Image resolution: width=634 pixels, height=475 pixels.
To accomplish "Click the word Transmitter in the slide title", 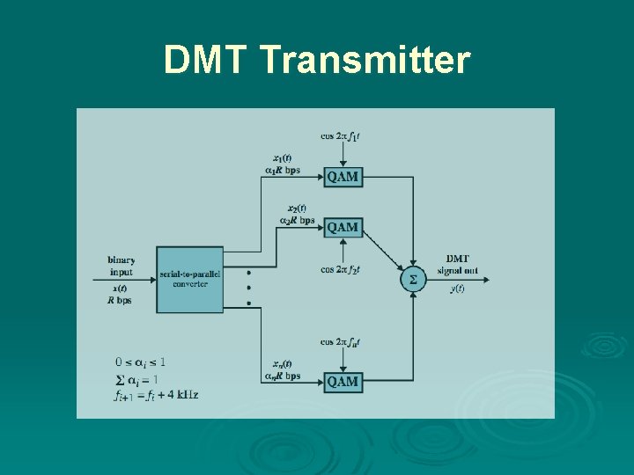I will [365, 62].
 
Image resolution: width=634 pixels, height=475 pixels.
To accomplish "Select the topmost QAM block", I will [343, 177].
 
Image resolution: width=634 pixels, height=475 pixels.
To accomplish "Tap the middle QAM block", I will [343, 227].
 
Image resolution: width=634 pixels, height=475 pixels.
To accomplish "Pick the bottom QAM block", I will [343, 381].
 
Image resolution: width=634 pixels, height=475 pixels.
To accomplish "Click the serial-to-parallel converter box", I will [190, 280].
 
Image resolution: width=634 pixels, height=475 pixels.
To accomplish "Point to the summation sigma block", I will [413, 280].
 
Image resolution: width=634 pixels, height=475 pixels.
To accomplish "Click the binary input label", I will [121, 266].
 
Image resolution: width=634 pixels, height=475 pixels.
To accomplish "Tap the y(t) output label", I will [457, 289].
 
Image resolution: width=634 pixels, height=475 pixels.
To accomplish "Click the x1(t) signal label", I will [283, 158].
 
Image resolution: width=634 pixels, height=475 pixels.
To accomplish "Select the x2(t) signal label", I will [297, 208].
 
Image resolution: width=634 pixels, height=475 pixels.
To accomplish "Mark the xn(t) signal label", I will [283, 363].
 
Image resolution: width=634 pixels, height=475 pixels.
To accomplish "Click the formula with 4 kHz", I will [156, 395].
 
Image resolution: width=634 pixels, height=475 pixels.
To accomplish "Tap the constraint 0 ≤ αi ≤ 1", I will [140, 362].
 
